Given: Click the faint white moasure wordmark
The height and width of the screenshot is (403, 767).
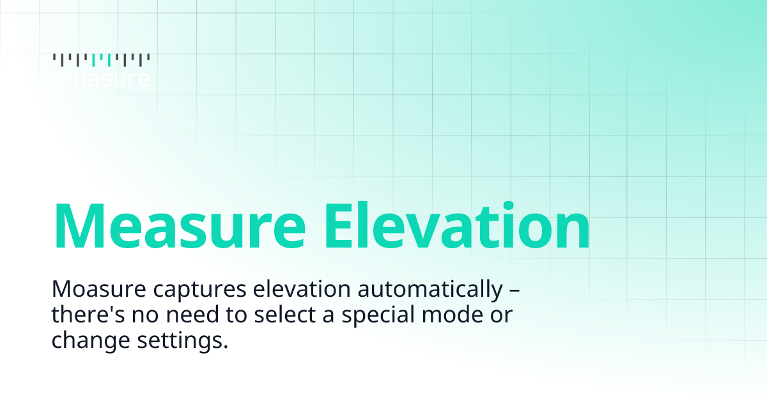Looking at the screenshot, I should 101,79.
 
